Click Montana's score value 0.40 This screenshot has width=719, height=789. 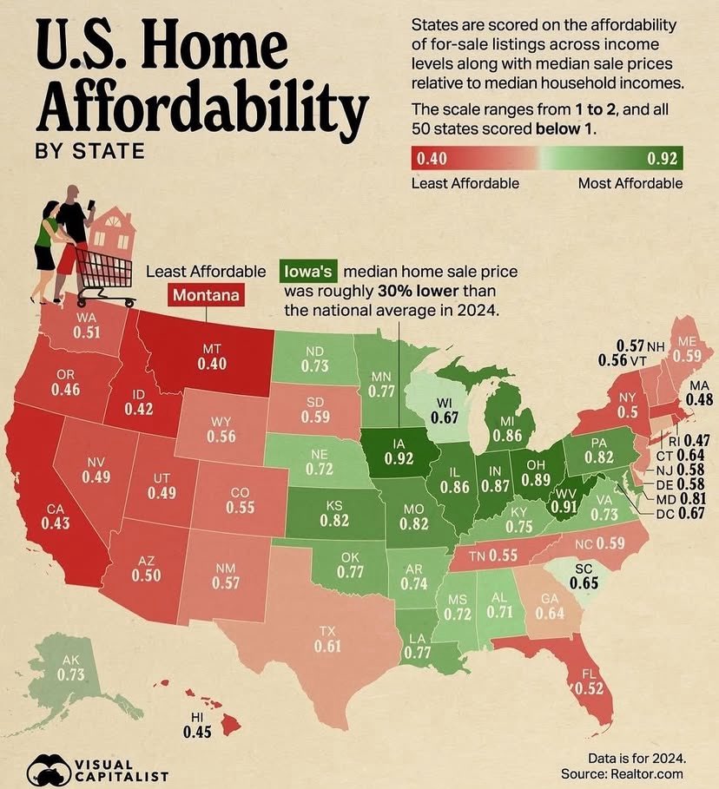pos(213,363)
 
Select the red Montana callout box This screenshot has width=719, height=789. pos(206,294)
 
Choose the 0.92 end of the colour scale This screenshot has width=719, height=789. pos(663,158)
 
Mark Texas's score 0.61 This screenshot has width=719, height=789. pos(327,647)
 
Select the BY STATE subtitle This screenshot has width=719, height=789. pos(89,151)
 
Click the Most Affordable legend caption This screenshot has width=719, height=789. pos(630,183)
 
